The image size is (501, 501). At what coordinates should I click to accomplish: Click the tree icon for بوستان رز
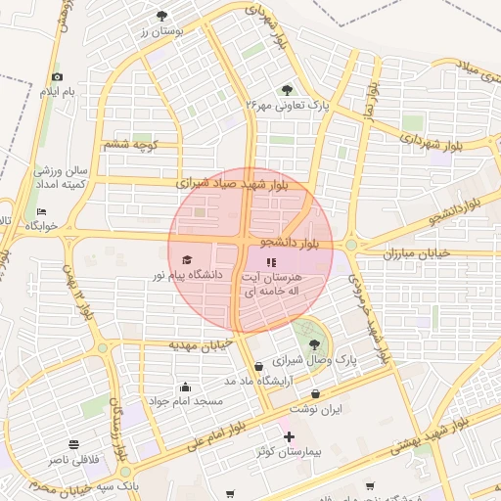162,16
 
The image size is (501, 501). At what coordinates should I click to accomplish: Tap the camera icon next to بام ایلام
57,77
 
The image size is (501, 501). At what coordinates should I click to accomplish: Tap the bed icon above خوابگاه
41,211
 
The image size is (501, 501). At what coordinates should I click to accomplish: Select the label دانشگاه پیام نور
186,276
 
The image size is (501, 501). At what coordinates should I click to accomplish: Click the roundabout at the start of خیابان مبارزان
350,246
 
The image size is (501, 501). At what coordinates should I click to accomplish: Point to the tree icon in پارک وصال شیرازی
314,343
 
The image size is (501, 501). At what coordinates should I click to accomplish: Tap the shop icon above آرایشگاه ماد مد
258,366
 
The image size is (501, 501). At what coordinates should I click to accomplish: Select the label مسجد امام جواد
186,401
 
